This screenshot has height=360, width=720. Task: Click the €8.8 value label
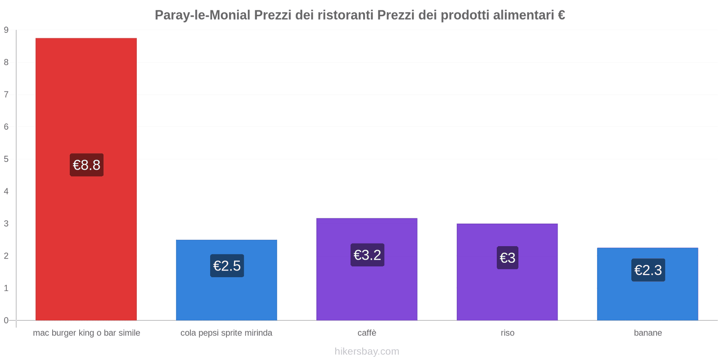[x=86, y=165]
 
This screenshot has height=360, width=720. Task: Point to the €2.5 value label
[x=227, y=265]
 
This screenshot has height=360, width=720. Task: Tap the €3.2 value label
[x=367, y=255]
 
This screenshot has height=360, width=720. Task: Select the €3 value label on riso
[x=507, y=257]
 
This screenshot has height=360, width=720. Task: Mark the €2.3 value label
[x=648, y=270]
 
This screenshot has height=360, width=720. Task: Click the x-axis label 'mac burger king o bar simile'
[x=86, y=333]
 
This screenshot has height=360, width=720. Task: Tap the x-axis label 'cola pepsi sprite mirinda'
[x=226, y=333]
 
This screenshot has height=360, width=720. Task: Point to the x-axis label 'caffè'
[x=367, y=333]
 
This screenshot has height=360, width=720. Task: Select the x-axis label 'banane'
[x=648, y=333]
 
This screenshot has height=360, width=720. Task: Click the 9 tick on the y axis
[x=6, y=30]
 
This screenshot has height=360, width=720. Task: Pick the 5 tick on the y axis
[x=6, y=159]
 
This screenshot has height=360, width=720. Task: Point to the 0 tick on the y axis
[x=6, y=320]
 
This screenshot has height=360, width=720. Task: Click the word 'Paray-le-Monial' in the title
[x=202, y=15]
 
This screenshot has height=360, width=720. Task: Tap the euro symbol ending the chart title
[x=561, y=15]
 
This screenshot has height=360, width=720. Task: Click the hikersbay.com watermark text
[x=367, y=351]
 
